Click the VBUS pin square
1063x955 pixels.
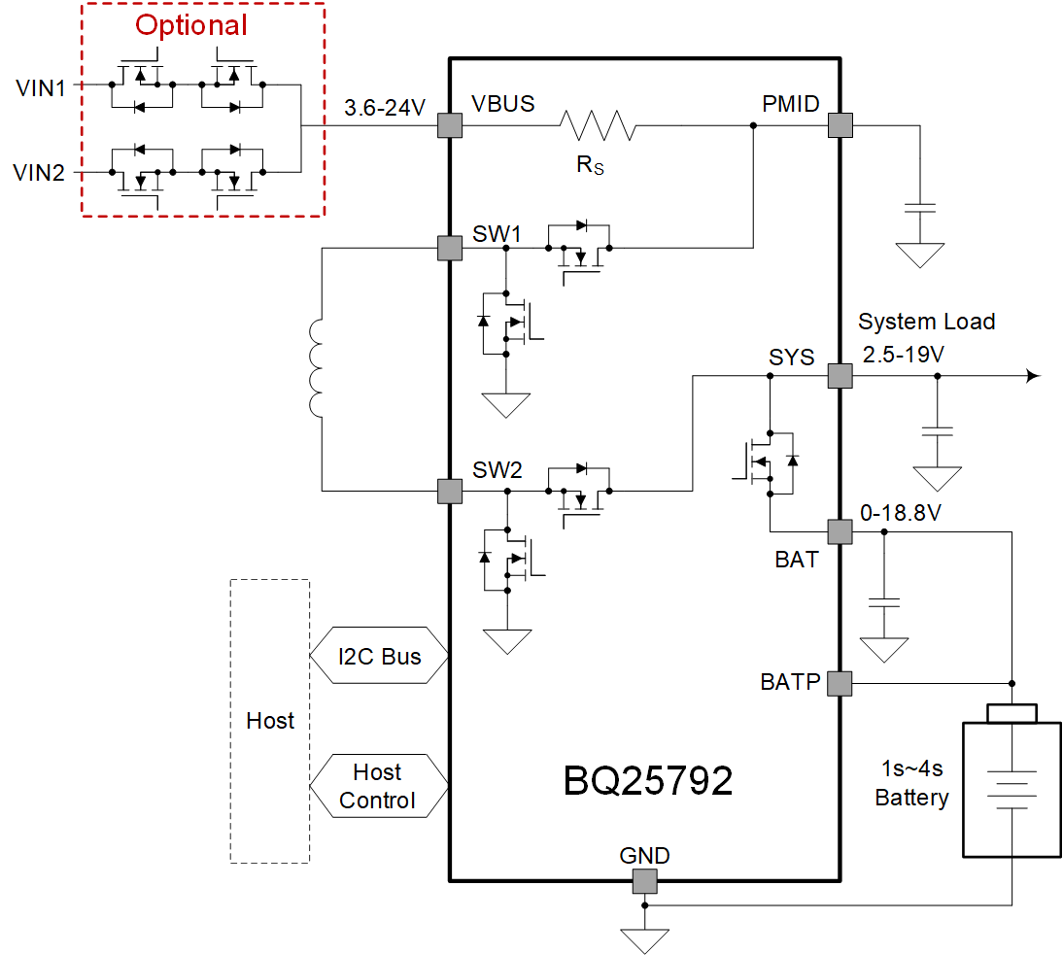click(449, 125)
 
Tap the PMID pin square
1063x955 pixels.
click(840, 125)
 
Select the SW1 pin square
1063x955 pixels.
click(449, 248)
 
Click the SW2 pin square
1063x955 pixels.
click(449, 491)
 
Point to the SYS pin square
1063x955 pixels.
click(840, 376)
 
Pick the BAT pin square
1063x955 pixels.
click(840, 531)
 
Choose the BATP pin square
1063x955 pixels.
click(840, 683)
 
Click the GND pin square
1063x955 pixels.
click(644, 881)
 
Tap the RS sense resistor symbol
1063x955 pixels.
click(597, 125)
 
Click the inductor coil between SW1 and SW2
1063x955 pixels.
click(319, 369)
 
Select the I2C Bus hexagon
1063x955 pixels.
click(379, 657)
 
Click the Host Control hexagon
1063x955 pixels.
click(379, 786)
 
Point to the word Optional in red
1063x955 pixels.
click(191, 25)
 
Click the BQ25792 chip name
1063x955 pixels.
click(648, 780)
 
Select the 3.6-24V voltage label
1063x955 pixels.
click(385, 108)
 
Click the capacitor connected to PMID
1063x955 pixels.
click(918, 208)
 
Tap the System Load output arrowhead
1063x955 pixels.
click(1034, 376)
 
